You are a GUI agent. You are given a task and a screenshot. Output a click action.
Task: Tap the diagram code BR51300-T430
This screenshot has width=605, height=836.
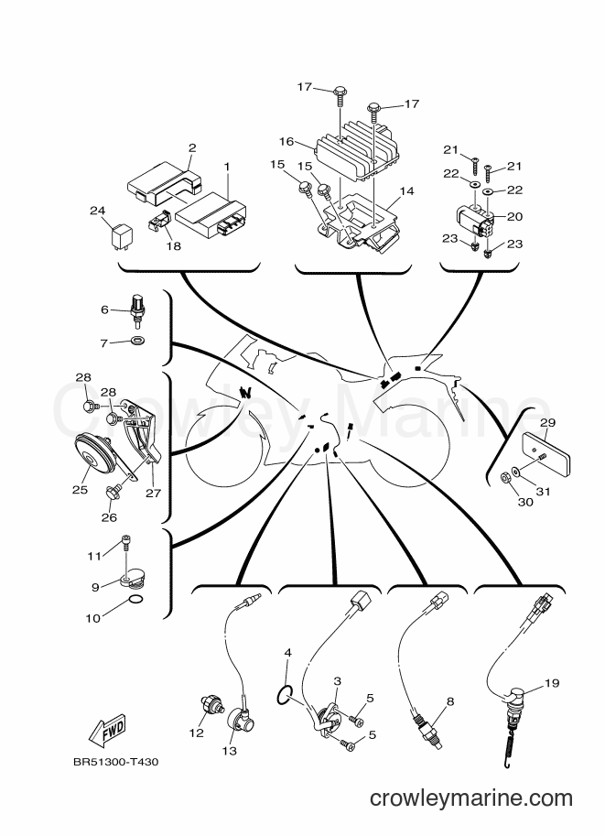click(115, 762)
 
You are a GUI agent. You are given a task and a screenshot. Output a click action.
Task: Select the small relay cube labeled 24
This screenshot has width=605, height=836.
click(119, 235)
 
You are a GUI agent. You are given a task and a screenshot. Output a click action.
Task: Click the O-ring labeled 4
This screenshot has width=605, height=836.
click(286, 695)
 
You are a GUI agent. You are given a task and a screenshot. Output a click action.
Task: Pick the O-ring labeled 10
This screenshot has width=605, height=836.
click(136, 601)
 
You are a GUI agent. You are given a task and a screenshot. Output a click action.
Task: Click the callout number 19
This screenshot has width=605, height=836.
click(552, 682)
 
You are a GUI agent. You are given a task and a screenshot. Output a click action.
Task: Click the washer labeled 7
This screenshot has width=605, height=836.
click(137, 340)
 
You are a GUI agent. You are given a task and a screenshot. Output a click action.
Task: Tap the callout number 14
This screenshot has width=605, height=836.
click(406, 190)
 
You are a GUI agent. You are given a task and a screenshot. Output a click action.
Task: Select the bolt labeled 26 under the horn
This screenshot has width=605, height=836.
click(113, 492)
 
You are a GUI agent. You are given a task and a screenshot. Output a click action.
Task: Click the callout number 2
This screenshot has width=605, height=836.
click(192, 147)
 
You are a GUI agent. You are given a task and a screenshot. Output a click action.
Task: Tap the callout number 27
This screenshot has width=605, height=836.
click(154, 494)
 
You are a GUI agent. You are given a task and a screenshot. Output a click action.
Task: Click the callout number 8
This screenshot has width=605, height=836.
click(450, 701)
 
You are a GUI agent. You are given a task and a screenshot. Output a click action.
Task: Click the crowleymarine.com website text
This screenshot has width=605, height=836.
click(471, 798)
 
